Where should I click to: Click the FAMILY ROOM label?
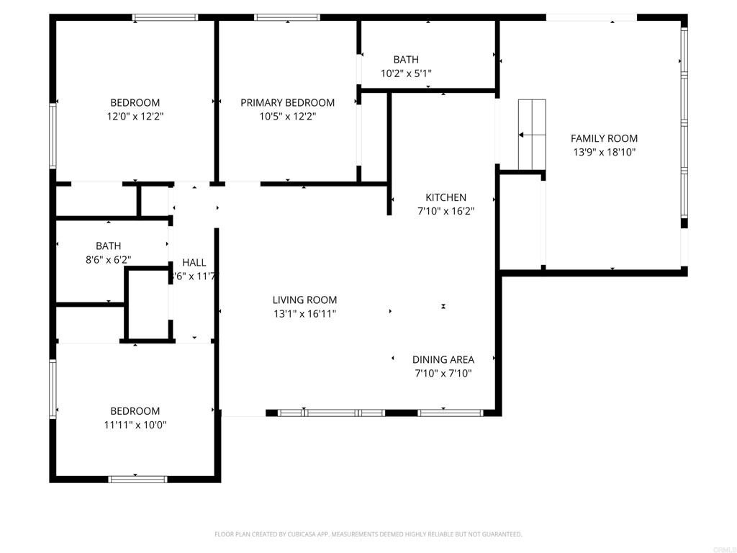604,138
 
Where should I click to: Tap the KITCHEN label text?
446,197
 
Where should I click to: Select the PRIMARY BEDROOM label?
287,103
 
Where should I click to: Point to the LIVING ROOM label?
304,300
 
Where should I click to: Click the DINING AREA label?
443,359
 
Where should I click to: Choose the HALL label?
194,263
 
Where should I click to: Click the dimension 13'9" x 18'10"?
604,152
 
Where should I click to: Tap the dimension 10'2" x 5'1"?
406,73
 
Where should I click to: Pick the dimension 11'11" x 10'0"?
135,425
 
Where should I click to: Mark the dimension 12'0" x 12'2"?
135,116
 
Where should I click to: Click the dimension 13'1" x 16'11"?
304,314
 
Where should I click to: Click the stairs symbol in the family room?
532,134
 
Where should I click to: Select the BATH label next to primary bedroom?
406,60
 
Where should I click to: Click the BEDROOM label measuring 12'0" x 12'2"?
135,103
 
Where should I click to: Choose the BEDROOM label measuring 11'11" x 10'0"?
135,411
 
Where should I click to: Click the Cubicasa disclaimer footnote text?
368,534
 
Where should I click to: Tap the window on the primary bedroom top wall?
287,17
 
